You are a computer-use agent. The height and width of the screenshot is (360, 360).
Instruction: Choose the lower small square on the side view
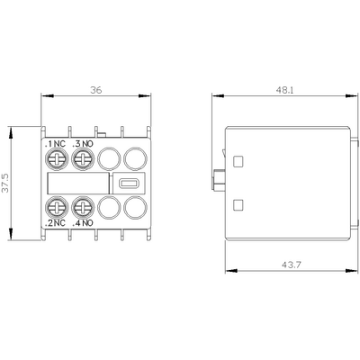coord(238,205)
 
